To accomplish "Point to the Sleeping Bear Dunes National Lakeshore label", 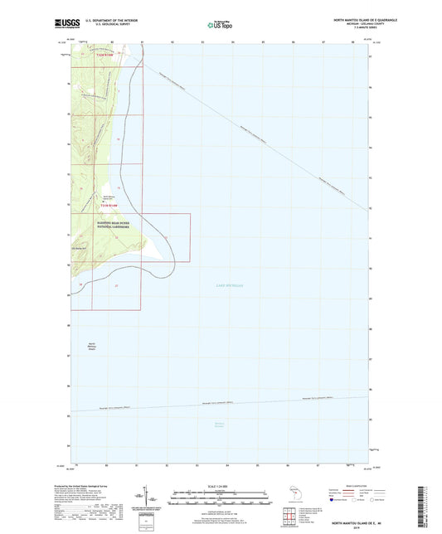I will (x=111, y=225).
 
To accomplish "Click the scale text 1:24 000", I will (x=220, y=486).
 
